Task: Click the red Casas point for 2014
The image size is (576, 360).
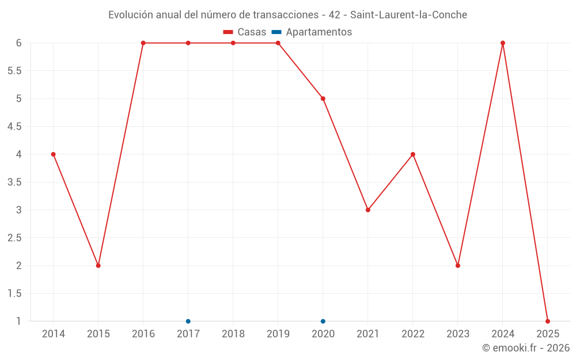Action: (54, 154)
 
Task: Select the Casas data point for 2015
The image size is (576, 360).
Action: (98, 266)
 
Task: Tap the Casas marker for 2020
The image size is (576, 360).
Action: (323, 98)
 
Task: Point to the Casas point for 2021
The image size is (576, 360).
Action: (368, 210)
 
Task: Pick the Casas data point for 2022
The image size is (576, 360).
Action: (413, 154)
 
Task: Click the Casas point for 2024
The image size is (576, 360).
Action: (503, 43)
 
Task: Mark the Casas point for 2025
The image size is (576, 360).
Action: (548, 321)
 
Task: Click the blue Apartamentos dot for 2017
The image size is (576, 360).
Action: (188, 321)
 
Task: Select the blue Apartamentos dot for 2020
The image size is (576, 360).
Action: (323, 321)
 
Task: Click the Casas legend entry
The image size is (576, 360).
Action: (245, 32)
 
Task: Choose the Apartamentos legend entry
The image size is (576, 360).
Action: (312, 32)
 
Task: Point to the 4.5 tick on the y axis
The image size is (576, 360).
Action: (14, 127)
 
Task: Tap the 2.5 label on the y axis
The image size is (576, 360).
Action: (14, 238)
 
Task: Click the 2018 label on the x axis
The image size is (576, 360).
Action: (233, 334)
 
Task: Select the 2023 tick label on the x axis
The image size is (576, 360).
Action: (458, 334)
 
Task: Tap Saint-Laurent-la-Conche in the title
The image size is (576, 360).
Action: (409, 14)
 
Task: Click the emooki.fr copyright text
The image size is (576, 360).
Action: (526, 348)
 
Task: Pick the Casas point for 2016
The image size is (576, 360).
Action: (143, 43)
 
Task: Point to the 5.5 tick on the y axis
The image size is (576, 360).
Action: (14, 71)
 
